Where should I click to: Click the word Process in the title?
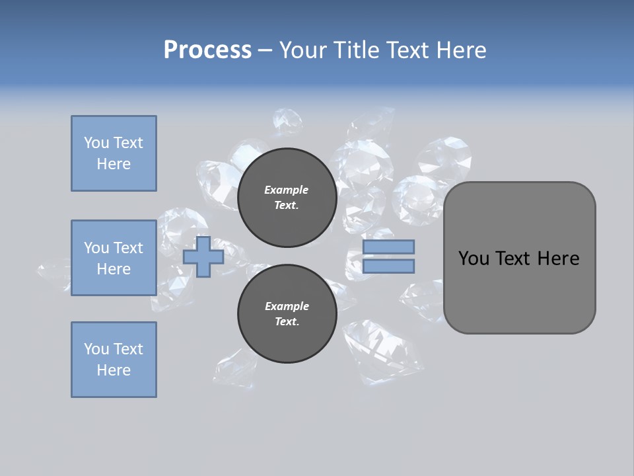pyautogui.click(x=207, y=50)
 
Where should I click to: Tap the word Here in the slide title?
pyautogui.click(x=461, y=50)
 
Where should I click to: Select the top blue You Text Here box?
pyautogui.click(x=114, y=153)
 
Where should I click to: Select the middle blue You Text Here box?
pyautogui.click(x=114, y=258)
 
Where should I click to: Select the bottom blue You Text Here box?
pyautogui.click(x=114, y=360)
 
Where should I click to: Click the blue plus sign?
pyautogui.click(x=203, y=257)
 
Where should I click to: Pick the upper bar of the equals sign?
pyautogui.click(x=388, y=247)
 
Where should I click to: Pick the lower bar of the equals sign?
pyautogui.click(x=388, y=266)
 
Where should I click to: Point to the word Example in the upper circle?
pyautogui.click(x=286, y=190)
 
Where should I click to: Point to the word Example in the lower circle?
pyautogui.click(x=287, y=306)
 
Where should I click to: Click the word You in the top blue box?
pyautogui.click(x=96, y=143)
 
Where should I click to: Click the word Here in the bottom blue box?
pyautogui.click(x=114, y=370)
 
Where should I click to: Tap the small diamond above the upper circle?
pyautogui.click(x=288, y=122)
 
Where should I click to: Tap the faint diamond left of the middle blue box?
pyautogui.click(x=53, y=270)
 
